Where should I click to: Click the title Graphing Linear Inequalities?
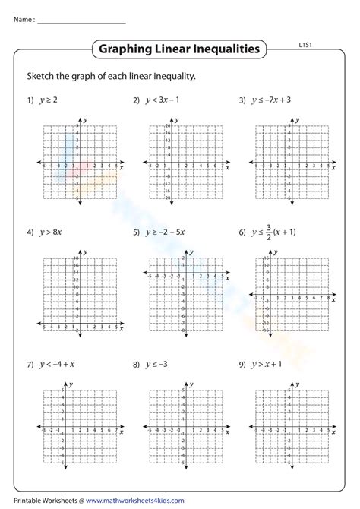click(x=179, y=50)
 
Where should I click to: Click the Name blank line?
click(x=81, y=22)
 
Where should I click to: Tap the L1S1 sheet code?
click(x=307, y=46)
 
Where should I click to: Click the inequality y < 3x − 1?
click(x=166, y=100)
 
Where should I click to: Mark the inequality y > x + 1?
click(x=271, y=365)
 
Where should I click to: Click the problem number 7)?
click(x=30, y=365)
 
